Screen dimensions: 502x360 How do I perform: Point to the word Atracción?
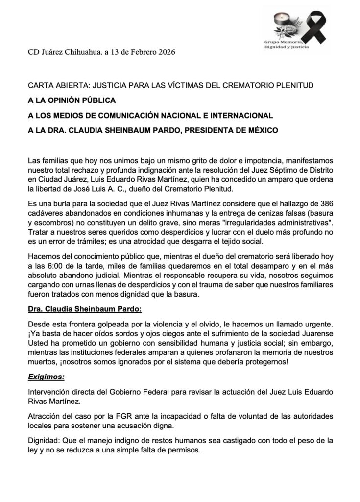tap(44, 416)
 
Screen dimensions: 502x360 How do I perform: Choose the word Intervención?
tap(49, 392)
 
